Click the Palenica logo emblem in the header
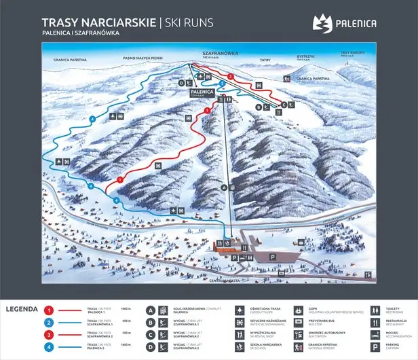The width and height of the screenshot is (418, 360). (x=321, y=24)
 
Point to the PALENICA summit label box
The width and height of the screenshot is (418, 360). (x=202, y=91)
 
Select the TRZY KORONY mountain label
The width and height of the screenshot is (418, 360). (x=353, y=52)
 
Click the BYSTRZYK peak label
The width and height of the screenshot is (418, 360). (x=303, y=58)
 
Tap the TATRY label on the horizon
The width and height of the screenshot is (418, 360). (x=265, y=60)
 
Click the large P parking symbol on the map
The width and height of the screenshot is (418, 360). (x=273, y=257)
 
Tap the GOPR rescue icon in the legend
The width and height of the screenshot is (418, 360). (x=299, y=309)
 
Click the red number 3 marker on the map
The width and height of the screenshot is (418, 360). (x=231, y=76)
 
